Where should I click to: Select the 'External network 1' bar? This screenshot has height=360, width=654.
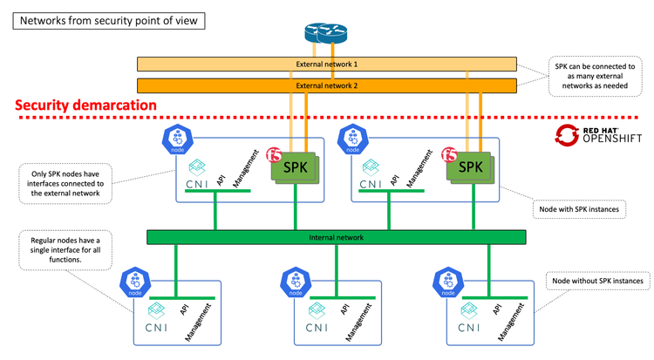tap(326, 65)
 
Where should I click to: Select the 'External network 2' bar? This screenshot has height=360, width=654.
tap(326, 85)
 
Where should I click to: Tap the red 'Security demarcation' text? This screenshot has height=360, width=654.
tap(85, 105)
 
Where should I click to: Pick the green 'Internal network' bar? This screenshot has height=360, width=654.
tap(335, 236)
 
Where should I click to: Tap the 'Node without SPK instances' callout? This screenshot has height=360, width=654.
tap(599, 281)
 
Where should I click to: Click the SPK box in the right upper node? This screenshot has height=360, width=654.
tap(471, 165)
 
